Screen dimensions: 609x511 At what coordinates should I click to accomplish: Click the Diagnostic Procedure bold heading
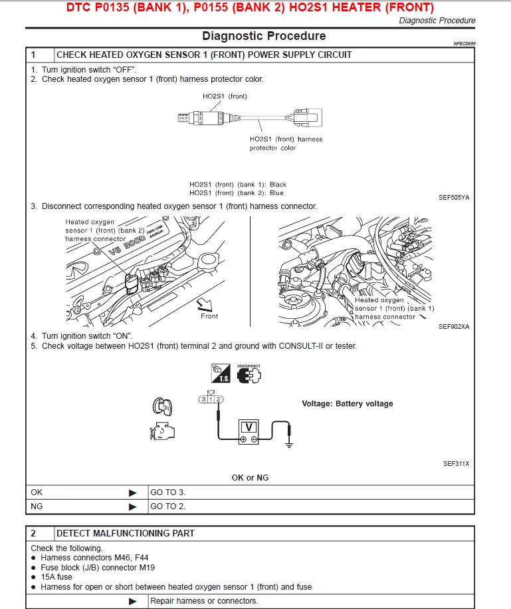(264, 36)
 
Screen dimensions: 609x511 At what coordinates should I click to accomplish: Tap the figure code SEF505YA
(454, 198)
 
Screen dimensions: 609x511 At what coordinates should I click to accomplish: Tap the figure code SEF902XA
(454, 327)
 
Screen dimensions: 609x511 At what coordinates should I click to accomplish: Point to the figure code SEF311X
(456, 464)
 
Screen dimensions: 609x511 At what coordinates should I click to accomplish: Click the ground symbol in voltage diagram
(288, 442)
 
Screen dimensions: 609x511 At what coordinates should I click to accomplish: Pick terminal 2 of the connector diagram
(219, 399)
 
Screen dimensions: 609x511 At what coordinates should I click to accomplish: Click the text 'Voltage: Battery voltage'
(347, 403)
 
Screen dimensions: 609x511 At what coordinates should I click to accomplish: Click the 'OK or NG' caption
(250, 477)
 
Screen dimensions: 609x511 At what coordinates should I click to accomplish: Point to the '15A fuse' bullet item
(56, 577)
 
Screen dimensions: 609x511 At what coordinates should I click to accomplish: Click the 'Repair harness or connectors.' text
(204, 601)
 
